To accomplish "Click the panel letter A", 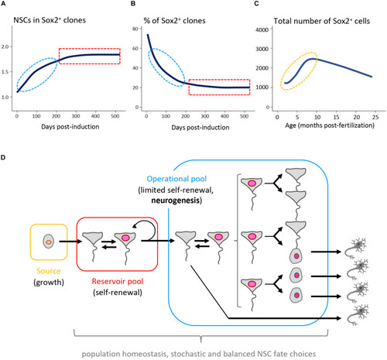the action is (3, 4).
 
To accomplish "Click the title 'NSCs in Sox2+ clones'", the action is (50, 20).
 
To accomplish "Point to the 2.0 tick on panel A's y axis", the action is (5, 46).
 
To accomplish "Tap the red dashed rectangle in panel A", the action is (90, 56).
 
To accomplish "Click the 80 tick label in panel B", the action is (135, 29).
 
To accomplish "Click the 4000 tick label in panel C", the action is (262, 29).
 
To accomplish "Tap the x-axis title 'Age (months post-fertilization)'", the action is (330, 125).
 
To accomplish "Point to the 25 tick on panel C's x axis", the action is (375, 117).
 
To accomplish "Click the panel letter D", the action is (3, 157).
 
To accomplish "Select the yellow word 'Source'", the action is (49, 271).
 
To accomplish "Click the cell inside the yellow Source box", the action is (48, 242).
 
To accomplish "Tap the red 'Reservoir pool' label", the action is (118, 281).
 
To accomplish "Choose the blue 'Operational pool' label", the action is (176, 179).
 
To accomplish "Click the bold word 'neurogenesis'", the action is (176, 201).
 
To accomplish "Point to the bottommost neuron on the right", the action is (358, 314).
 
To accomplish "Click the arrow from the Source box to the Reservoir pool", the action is (70, 242).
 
